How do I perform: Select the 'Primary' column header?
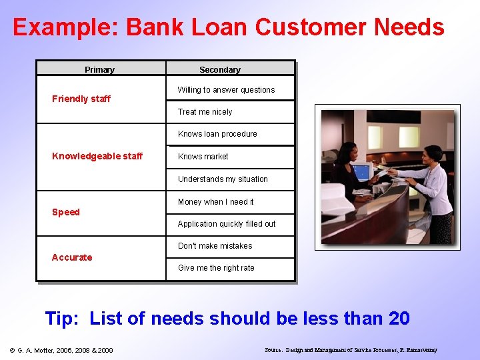tap(99, 70)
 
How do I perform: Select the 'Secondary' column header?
tap(219, 70)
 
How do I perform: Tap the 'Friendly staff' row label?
tap(81, 99)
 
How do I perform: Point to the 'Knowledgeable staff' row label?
tap(97, 157)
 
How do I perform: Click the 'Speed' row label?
tap(66, 213)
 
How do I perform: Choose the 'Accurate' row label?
tap(72, 257)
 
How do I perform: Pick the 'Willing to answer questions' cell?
tap(226, 90)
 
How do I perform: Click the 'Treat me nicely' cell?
tap(205, 112)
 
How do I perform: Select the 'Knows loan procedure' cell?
tap(217, 134)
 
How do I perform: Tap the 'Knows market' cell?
tap(203, 157)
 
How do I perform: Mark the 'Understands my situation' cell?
tap(223, 179)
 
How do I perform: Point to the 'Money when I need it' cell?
tap(215, 202)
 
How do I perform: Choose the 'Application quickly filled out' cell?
tap(226, 224)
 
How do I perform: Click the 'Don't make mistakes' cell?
tap(215, 246)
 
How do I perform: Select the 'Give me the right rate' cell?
tap(216, 268)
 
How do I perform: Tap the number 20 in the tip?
tap(398, 319)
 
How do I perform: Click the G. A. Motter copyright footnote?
tap(61, 350)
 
